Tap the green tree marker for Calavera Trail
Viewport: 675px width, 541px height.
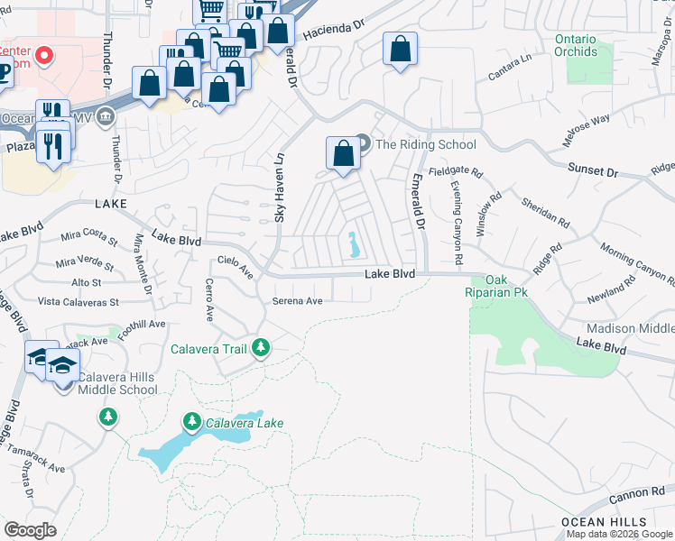point(261,348)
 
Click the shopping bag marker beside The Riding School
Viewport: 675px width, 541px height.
point(343,152)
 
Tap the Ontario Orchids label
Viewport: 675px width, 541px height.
point(576,45)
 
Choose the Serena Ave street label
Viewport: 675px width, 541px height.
point(298,301)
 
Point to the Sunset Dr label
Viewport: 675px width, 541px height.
point(592,170)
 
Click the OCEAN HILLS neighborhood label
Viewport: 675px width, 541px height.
point(603,522)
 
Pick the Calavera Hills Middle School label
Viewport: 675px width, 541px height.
point(117,383)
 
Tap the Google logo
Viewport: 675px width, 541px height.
point(30,529)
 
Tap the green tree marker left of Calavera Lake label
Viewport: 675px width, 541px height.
point(192,421)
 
